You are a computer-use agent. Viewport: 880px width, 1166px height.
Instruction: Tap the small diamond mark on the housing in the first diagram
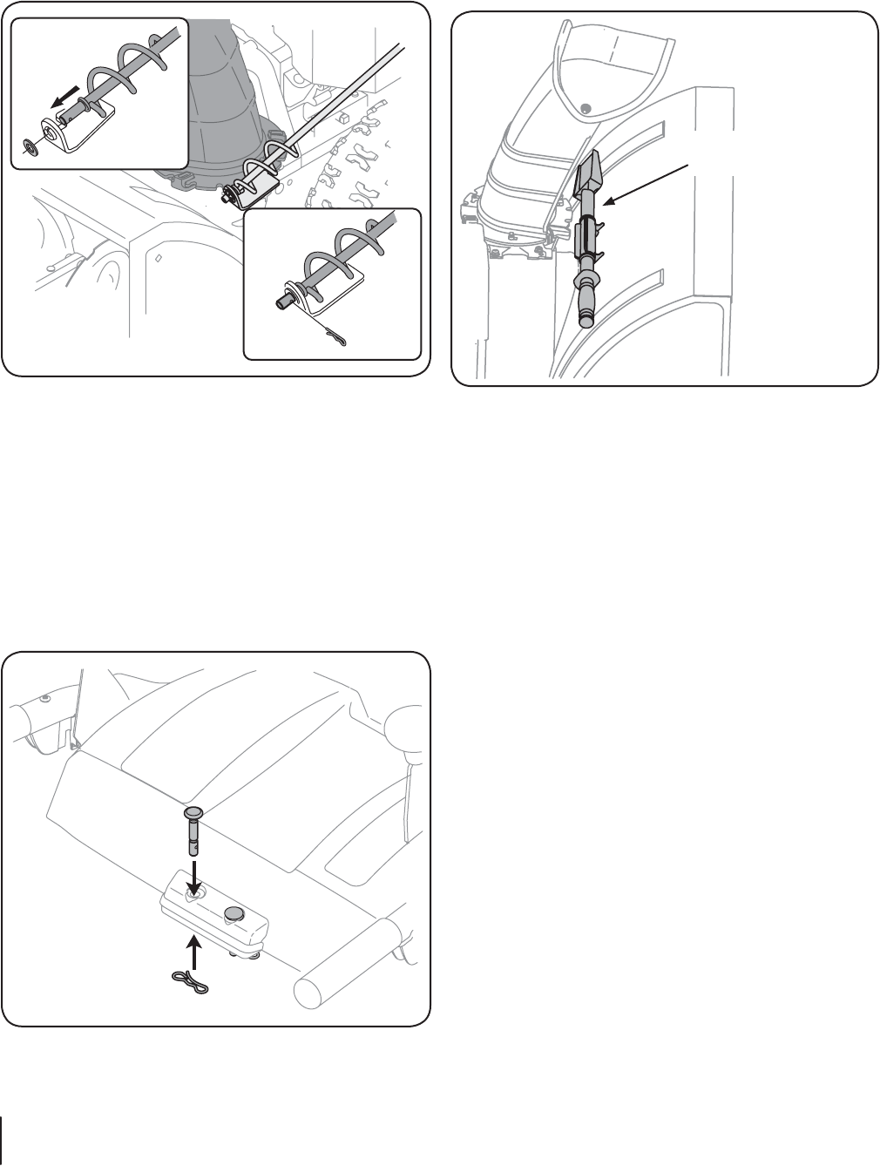[157, 259]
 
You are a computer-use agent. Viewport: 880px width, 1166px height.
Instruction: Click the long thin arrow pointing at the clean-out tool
[650, 184]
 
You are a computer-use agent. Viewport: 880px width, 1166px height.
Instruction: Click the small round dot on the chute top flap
[586, 108]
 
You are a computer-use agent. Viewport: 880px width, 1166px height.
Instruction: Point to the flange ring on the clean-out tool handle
[587, 279]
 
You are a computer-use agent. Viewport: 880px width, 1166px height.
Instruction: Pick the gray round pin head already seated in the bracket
[234, 913]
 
